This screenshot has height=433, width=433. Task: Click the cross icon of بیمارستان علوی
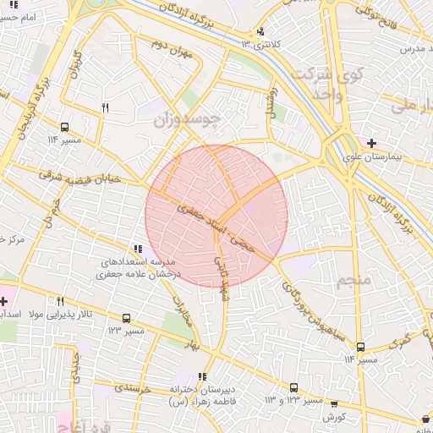[x=371, y=142]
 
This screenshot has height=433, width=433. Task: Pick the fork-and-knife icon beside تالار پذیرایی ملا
[x=60, y=301]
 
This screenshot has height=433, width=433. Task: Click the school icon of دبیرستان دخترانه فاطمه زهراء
[x=201, y=376]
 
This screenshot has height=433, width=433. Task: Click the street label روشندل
[x=271, y=101]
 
